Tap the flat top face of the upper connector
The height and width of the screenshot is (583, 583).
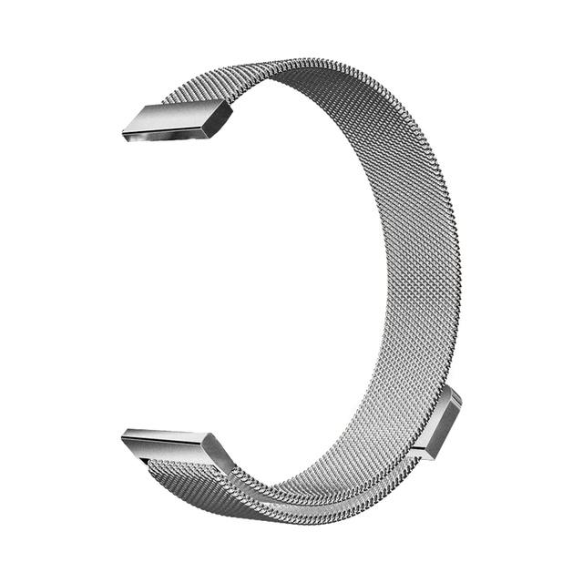pyautogui.click(x=178, y=113)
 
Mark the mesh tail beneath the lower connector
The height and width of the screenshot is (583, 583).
pyautogui.click(x=182, y=478)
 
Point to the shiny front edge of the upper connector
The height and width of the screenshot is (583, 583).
pyautogui.click(x=169, y=132)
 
